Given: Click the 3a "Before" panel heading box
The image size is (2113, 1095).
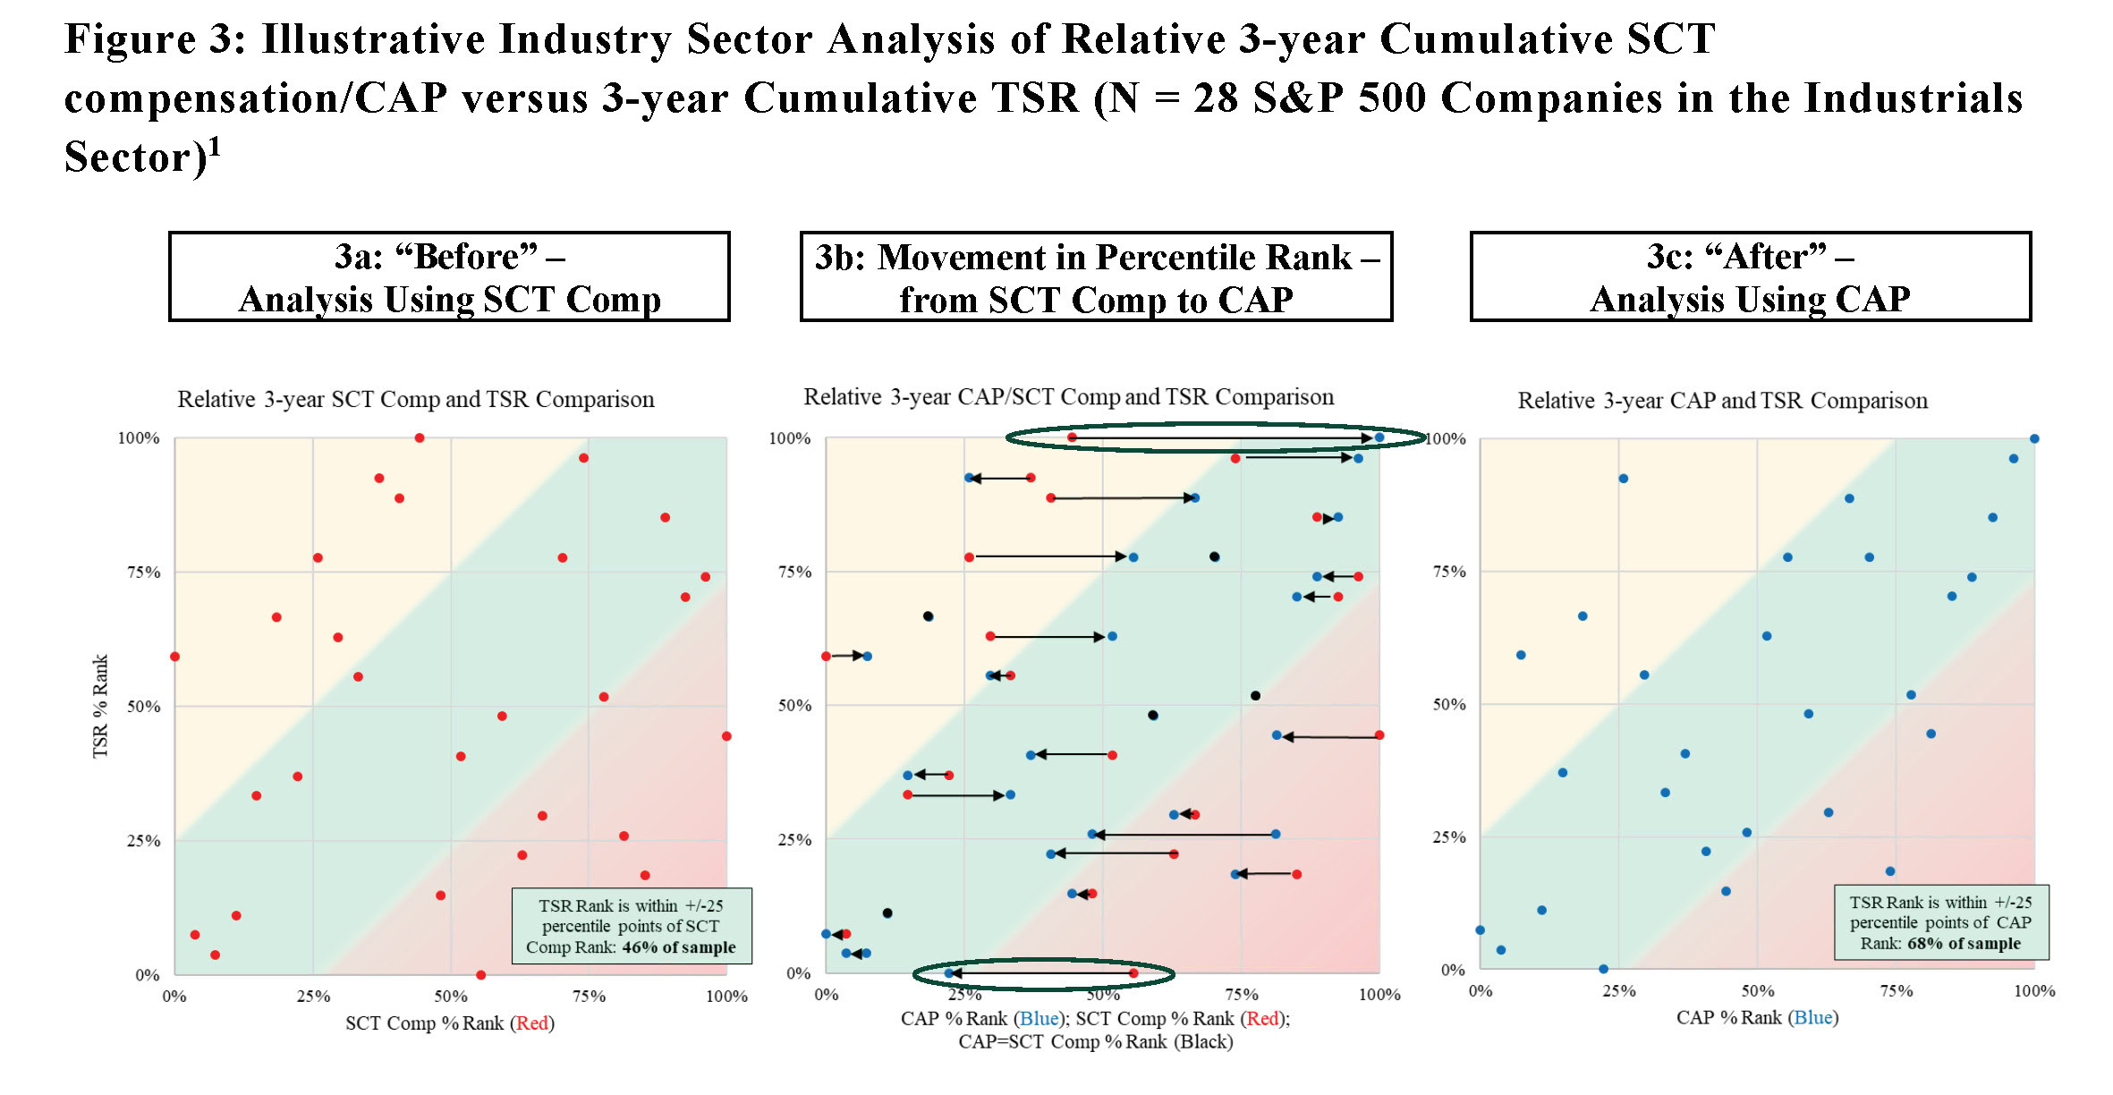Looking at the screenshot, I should (x=449, y=276).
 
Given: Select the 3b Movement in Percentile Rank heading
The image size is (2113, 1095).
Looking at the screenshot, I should (x=1096, y=276).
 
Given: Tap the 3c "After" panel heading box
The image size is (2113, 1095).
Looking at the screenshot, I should (x=1750, y=276).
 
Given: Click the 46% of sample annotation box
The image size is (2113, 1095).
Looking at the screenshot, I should (x=631, y=926).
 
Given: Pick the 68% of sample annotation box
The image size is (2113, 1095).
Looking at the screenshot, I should (x=1940, y=922).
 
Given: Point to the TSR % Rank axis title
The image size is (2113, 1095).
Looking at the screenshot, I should (x=100, y=707).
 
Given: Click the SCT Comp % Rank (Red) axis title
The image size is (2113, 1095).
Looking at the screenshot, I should (x=450, y=1023).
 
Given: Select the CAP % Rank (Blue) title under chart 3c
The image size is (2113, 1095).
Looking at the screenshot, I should (x=1757, y=1018).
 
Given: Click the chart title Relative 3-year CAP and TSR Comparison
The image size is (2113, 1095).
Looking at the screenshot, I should (x=1722, y=401).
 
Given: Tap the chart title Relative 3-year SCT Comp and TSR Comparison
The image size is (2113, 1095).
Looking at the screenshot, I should (x=415, y=399).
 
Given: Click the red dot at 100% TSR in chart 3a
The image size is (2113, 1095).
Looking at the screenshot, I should (x=420, y=438).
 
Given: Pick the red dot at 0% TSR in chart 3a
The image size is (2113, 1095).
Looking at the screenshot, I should (x=481, y=975).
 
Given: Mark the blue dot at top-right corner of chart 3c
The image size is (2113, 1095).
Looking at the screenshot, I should (x=2034, y=439).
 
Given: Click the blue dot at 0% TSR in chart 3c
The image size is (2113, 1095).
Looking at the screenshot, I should (x=1603, y=969).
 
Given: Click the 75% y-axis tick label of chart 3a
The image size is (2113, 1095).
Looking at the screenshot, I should (x=143, y=573).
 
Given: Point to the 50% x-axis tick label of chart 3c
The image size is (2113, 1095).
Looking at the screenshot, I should (x=1757, y=991).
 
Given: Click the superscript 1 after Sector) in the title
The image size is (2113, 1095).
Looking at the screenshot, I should (x=215, y=146).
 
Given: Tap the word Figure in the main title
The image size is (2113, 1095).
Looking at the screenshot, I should (x=130, y=40).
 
